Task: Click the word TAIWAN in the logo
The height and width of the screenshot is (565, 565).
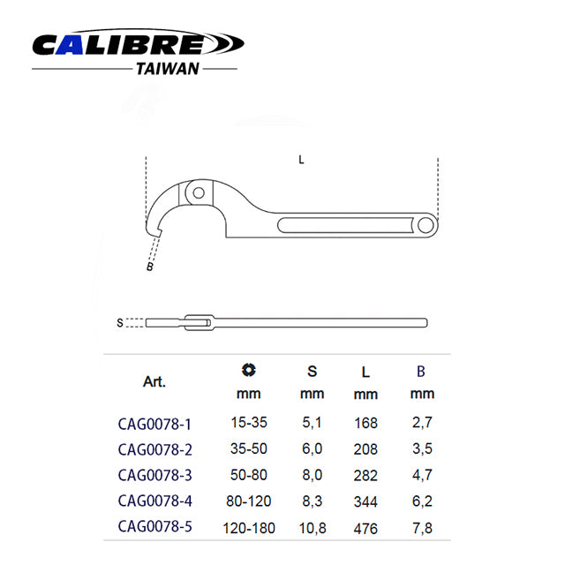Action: coord(168,69)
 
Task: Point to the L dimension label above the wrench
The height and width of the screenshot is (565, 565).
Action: coord(301,160)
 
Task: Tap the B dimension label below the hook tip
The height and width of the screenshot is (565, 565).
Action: coord(150,267)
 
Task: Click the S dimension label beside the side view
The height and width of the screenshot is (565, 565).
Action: coord(120,322)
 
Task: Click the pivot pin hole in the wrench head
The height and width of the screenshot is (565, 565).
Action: coord(199,192)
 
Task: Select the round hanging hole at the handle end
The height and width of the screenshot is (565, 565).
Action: coord(426,226)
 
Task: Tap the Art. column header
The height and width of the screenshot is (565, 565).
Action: coord(154,382)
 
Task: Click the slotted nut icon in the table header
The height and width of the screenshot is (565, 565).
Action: coord(249,370)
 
